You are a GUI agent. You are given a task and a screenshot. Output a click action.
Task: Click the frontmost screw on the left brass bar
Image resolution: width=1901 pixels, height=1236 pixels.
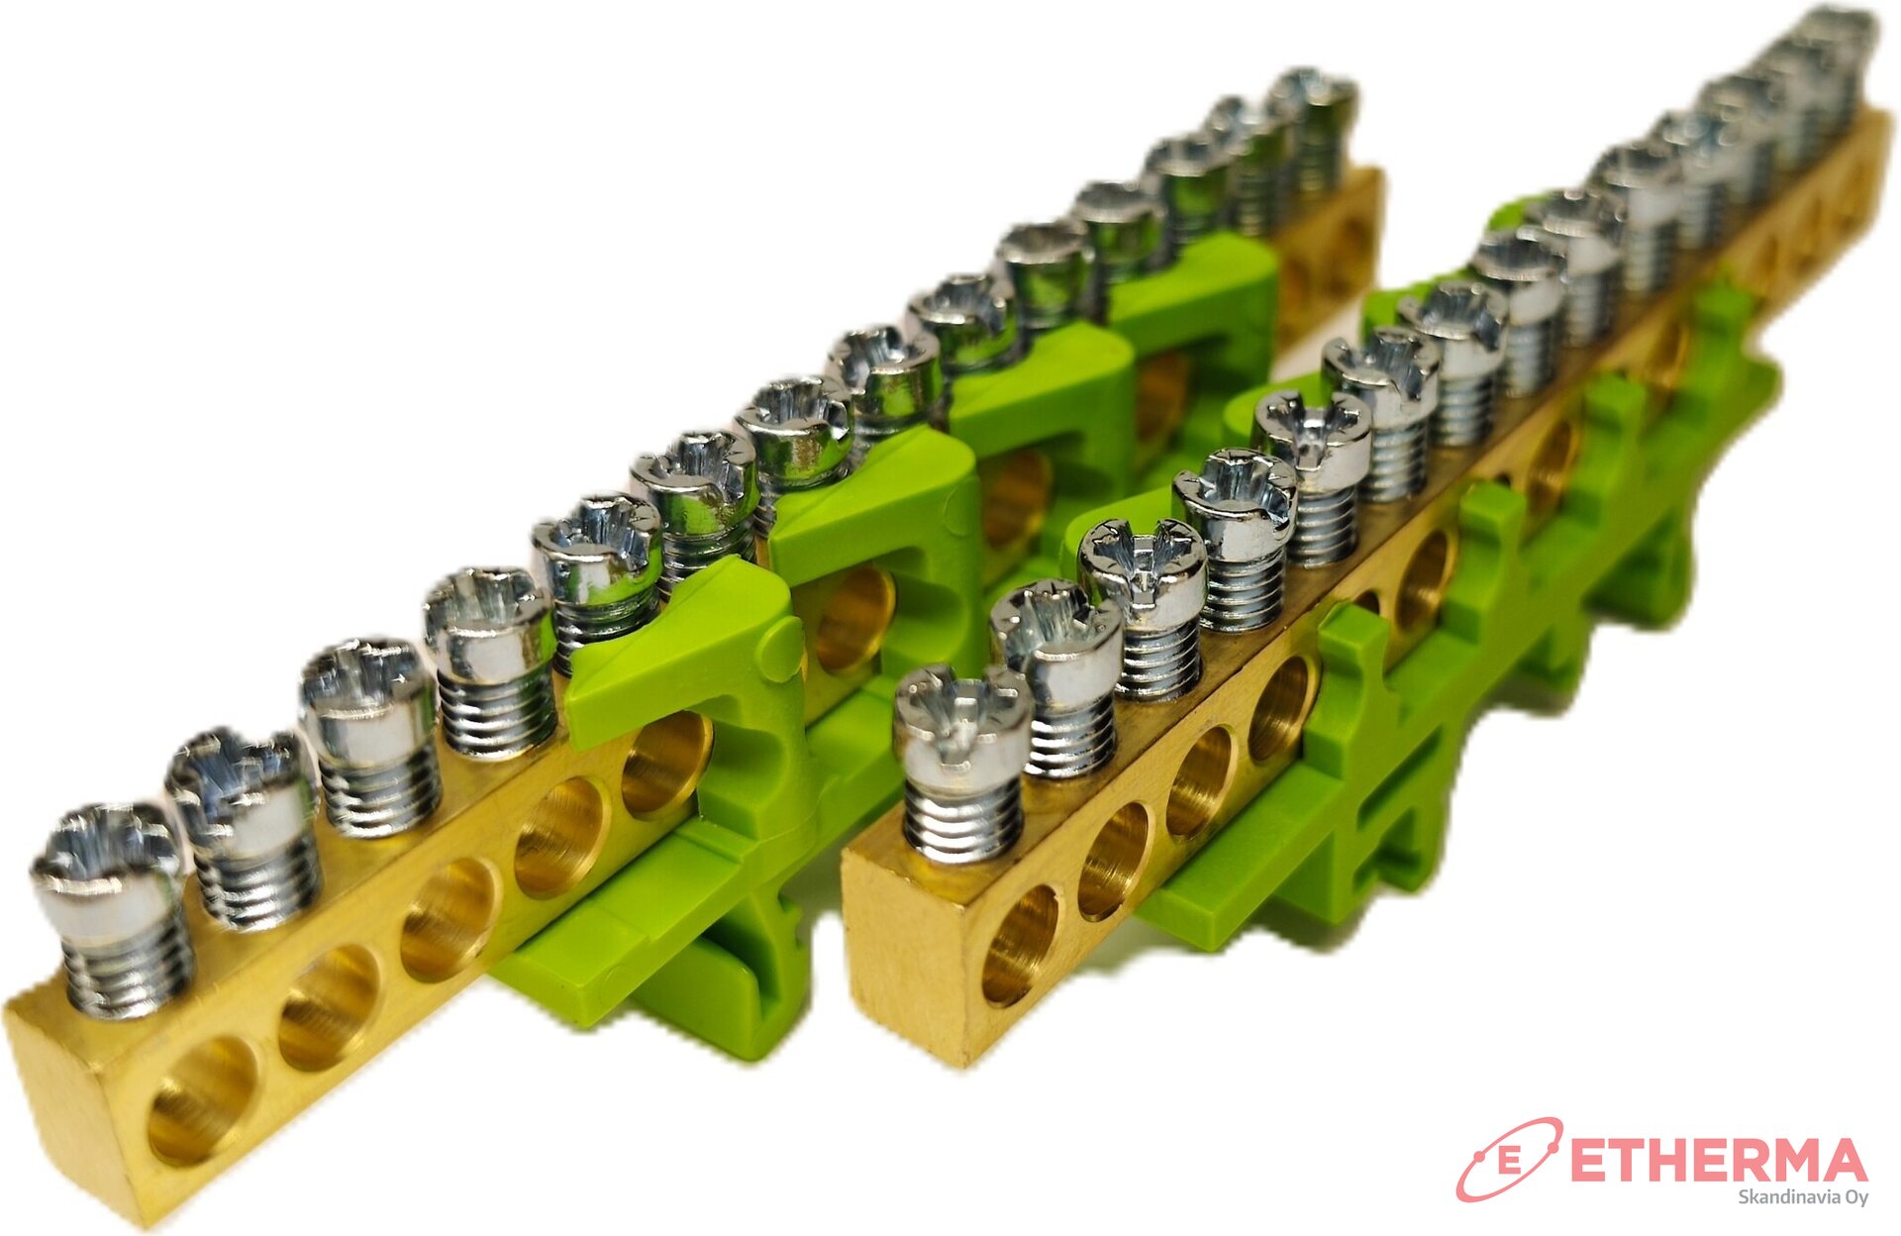point(111,908)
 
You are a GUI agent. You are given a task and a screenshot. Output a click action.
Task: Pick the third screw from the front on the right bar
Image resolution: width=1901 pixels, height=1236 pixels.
point(1144,604)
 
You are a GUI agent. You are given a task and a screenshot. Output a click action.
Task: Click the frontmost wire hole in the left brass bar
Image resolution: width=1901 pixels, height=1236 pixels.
point(202,1100)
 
